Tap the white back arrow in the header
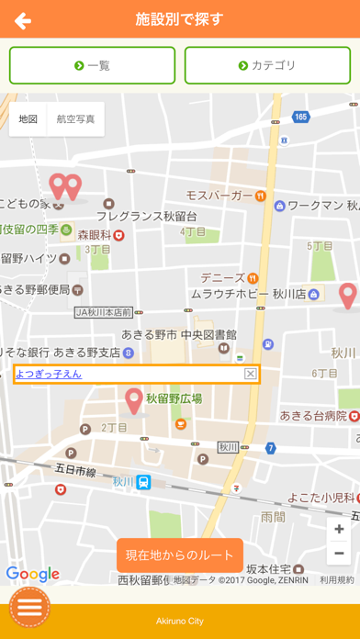pyautogui.click(x=23, y=20)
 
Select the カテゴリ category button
pyautogui.click(x=267, y=65)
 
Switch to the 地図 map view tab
pyautogui.click(x=28, y=118)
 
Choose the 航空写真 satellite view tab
pyautogui.click(x=75, y=118)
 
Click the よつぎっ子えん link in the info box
pyautogui.click(x=49, y=374)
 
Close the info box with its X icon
pyautogui.click(x=250, y=374)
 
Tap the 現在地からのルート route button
pyautogui.click(x=180, y=555)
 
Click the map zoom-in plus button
pyautogui.click(x=339, y=530)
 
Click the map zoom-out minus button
pyautogui.click(x=339, y=553)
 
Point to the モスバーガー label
pyautogui.click(x=219, y=196)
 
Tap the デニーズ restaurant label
pyautogui.click(x=223, y=277)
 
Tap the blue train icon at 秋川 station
pyautogui.click(x=143, y=482)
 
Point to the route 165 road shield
pyautogui.click(x=301, y=117)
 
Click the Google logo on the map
pyautogui.click(x=32, y=575)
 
